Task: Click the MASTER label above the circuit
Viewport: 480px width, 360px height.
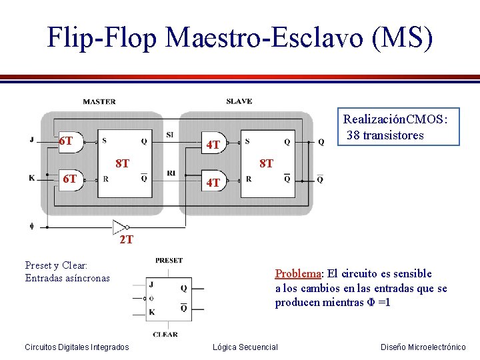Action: [x=99, y=102]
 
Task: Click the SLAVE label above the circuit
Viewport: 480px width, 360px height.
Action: [x=239, y=101]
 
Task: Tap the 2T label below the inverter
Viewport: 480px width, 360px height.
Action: [x=126, y=239]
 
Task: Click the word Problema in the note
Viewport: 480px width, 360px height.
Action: [x=298, y=273]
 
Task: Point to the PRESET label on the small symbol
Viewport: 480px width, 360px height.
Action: [x=169, y=260]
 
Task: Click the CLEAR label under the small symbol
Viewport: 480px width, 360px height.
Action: [x=165, y=334]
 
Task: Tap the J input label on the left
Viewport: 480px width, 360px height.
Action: [x=31, y=139]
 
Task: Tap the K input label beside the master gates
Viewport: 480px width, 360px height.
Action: [x=31, y=178]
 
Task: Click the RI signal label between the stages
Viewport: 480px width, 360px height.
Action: [x=171, y=173]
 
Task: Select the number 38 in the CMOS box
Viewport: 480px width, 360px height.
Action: [x=354, y=135]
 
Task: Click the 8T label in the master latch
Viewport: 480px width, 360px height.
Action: [x=122, y=162]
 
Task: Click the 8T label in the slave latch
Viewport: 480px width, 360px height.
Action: [x=266, y=163]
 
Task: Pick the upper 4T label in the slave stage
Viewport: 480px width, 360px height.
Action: [x=213, y=145]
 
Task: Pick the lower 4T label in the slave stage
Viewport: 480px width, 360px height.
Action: [x=213, y=181]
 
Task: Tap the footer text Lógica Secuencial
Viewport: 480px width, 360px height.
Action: [x=245, y=347]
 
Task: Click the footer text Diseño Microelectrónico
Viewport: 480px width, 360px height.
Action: [x=423, y=347]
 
